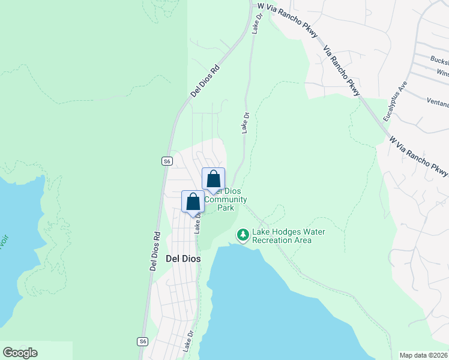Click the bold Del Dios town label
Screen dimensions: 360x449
pos(182,259)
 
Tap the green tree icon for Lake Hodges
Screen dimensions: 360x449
pos(243,235)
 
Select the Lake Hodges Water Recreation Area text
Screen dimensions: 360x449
pos(282,236)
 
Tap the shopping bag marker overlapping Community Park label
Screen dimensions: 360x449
pos(213,179)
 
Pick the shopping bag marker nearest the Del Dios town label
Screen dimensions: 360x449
pos(193,202)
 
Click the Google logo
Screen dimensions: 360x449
pos(20,353)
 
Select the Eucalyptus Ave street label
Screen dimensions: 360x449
pos(397,101)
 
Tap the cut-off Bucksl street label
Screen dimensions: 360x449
pos(439,59)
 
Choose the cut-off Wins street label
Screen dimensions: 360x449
pos(442,73)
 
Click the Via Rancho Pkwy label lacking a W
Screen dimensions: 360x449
pos(340,70)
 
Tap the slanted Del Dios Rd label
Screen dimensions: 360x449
pos(205,82)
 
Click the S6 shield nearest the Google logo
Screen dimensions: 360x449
pos(142,341)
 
